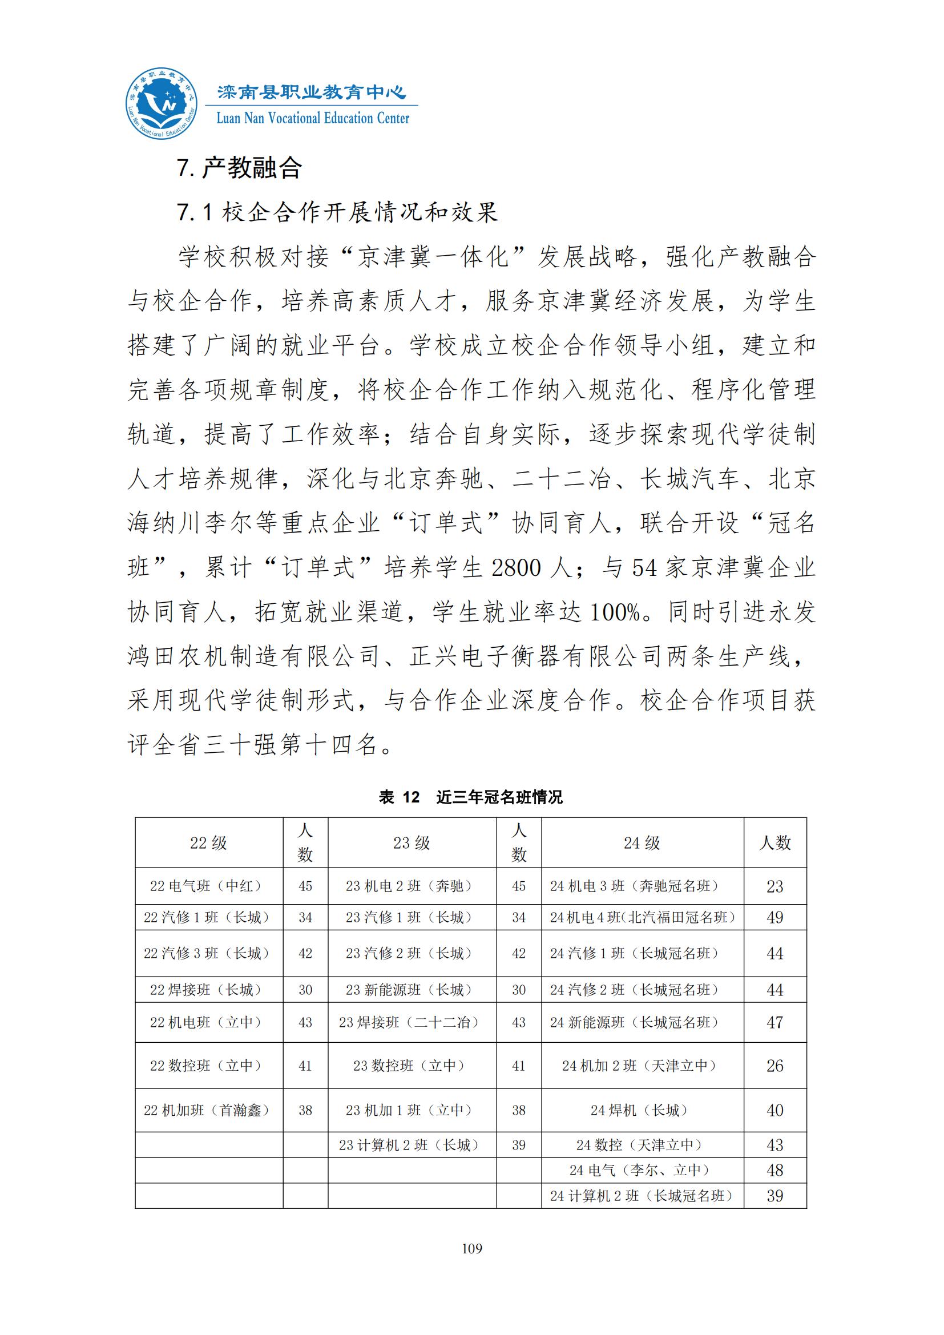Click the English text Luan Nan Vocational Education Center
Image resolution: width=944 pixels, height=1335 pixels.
click(x=313, y=119)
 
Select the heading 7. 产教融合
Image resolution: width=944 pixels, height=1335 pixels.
click(x=239, y=168)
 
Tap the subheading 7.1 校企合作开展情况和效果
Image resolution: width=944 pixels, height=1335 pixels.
click(x=337, y=213)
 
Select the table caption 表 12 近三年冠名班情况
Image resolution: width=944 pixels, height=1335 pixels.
click(x=471, y=797)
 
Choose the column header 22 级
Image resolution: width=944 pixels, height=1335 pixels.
click(x=209, y=843)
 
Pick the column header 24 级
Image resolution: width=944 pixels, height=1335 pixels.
click(x=642, y=843)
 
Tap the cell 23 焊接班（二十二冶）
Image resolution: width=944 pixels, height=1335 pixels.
click(x=412, y=1023)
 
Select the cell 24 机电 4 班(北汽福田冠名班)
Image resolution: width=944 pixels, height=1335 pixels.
click(x=642, y=918)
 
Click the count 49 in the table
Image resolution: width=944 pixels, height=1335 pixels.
click(x=775, y=918)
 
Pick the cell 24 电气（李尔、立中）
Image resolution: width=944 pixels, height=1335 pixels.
click(x=642, y=1171)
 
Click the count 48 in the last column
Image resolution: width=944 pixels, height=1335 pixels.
click(x=775, y=1171)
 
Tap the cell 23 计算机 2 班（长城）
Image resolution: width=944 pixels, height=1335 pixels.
click(x=412, y=1145)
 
